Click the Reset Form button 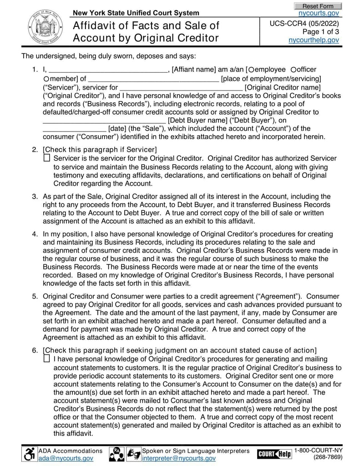(318, 6)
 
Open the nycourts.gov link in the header (322, 13)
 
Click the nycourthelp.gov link (314, 40)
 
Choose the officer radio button (293, 70)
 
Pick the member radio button (46, 79)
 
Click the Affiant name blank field (108, 70)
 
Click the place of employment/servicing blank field (153, 80)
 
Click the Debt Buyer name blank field (105, 121)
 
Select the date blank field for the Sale (75, 129)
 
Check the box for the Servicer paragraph (47, 158)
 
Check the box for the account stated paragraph (47, 358)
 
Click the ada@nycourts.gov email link (66, 458)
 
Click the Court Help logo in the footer (274, 454)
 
